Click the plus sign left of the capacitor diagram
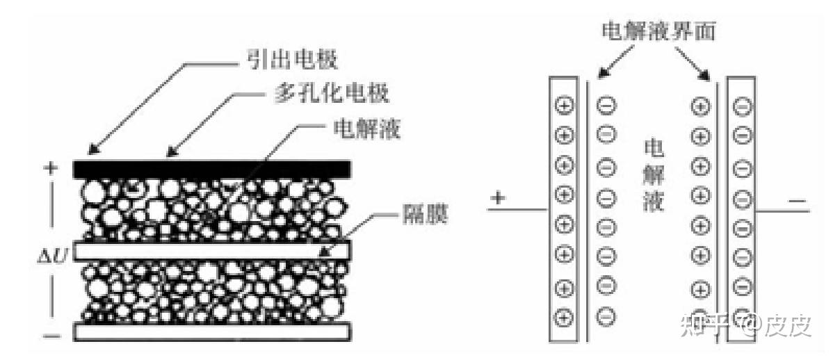tap(497, 199)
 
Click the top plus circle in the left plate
tap(564, 106)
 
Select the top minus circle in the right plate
tap(742, 107)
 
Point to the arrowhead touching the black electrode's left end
tap(92, 150)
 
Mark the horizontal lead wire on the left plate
tap(519, 208)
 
